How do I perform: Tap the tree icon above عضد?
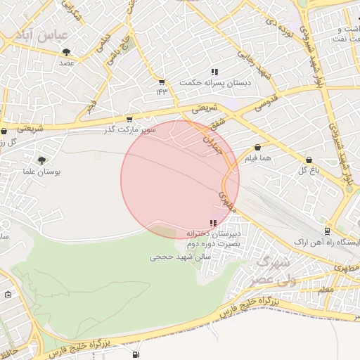(67, 52)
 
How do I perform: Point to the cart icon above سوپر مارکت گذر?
(129, 120)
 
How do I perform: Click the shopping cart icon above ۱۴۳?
(162, 82)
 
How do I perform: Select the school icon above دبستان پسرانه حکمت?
(214, 72)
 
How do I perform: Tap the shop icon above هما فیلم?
(258, 148)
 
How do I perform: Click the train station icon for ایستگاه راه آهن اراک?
(327, 231)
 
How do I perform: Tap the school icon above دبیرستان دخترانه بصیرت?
(213, 223)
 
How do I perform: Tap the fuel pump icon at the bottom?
(135, 354)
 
